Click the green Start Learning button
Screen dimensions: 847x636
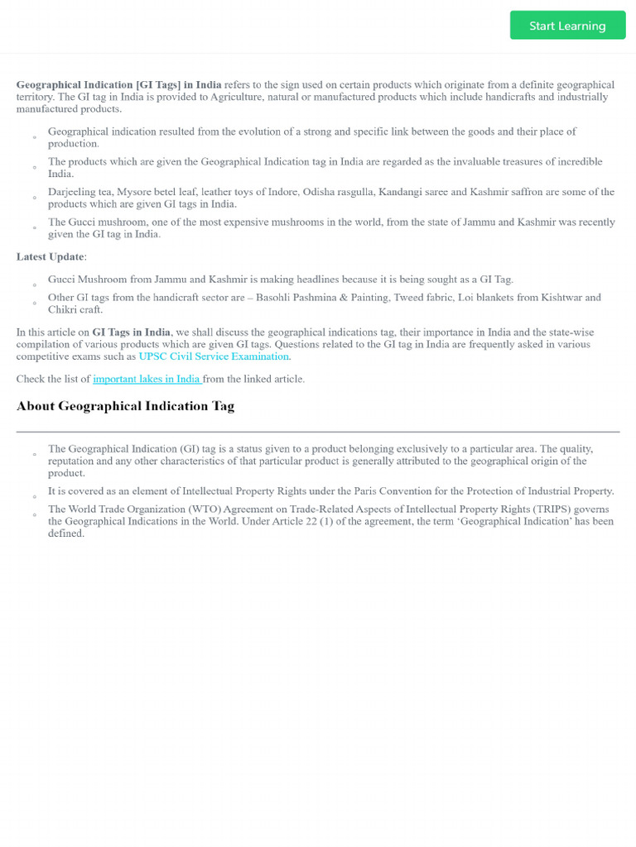click(567, 26)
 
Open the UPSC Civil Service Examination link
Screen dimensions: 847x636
click(214, 357)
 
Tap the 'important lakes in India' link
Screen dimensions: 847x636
click(147, 379)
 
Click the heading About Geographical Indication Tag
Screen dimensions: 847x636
click(125, 406)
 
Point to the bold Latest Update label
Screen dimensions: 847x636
click(50, 256)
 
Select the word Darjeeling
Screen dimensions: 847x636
click(71, 192)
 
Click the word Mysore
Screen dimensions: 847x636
click(134, 192)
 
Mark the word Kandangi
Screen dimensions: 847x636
click(402, 192)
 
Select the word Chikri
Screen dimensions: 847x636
click(64, 309)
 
